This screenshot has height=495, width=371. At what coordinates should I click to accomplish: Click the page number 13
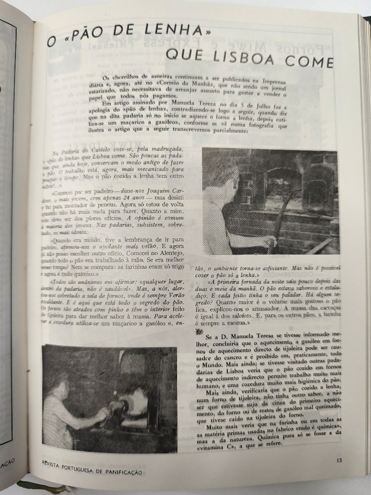click(339, 460)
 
